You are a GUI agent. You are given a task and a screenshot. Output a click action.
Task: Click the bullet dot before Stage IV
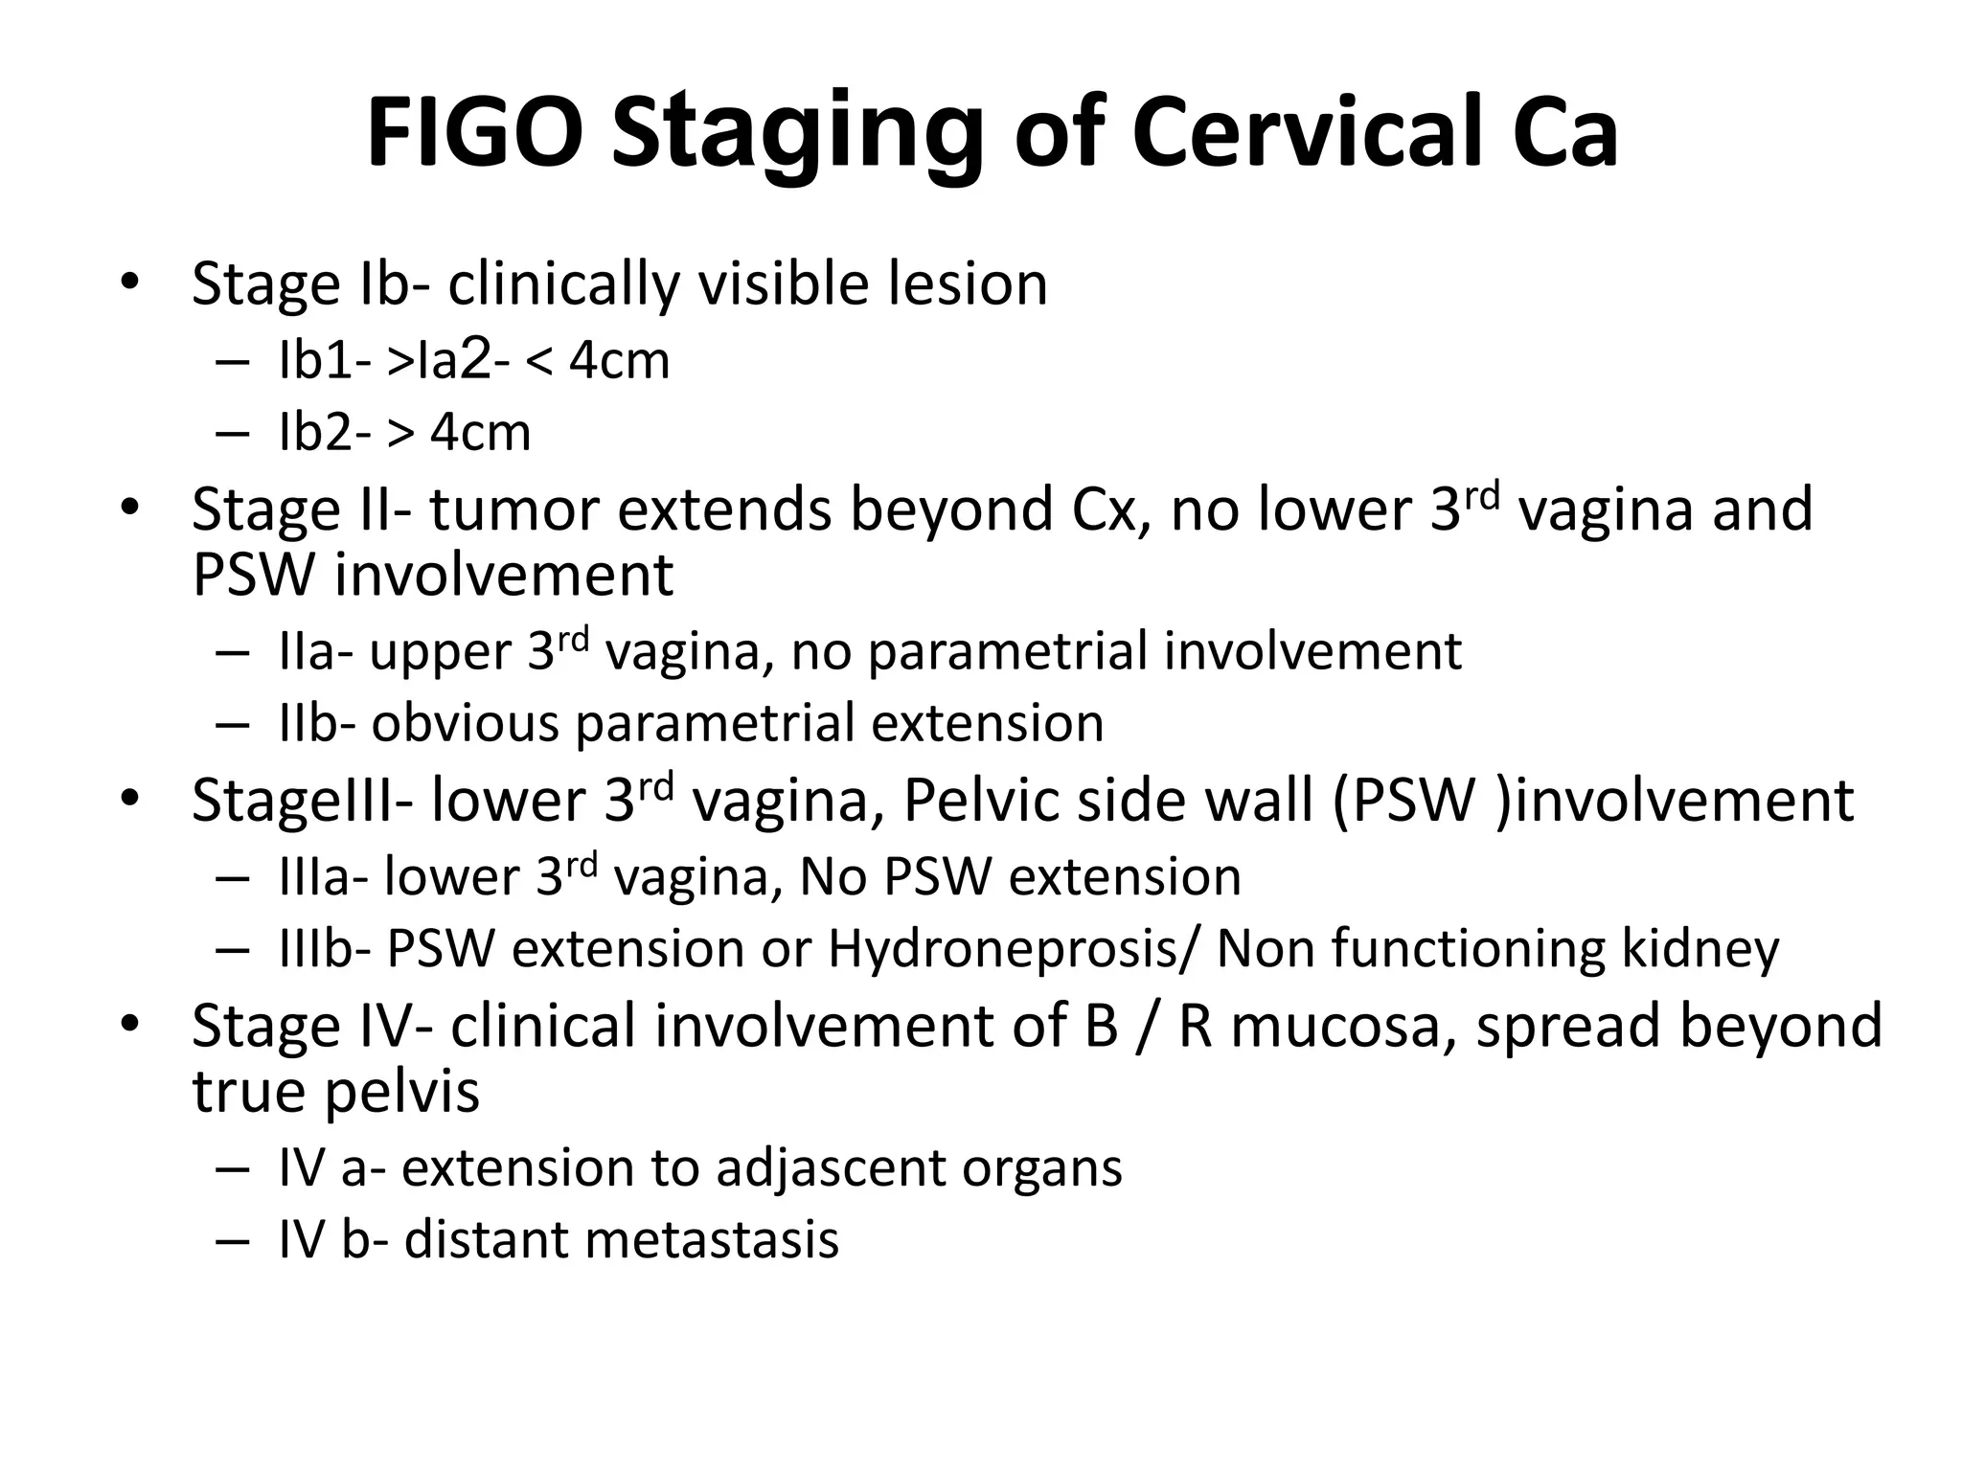pos(130,1024)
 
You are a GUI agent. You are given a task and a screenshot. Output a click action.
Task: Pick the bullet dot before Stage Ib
pos(130,283)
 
